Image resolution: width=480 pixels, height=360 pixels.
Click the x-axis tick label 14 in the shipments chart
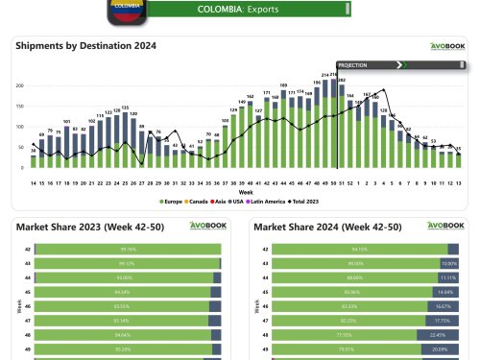click(34, 181)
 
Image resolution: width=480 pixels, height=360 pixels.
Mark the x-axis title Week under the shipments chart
click(246, 192)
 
